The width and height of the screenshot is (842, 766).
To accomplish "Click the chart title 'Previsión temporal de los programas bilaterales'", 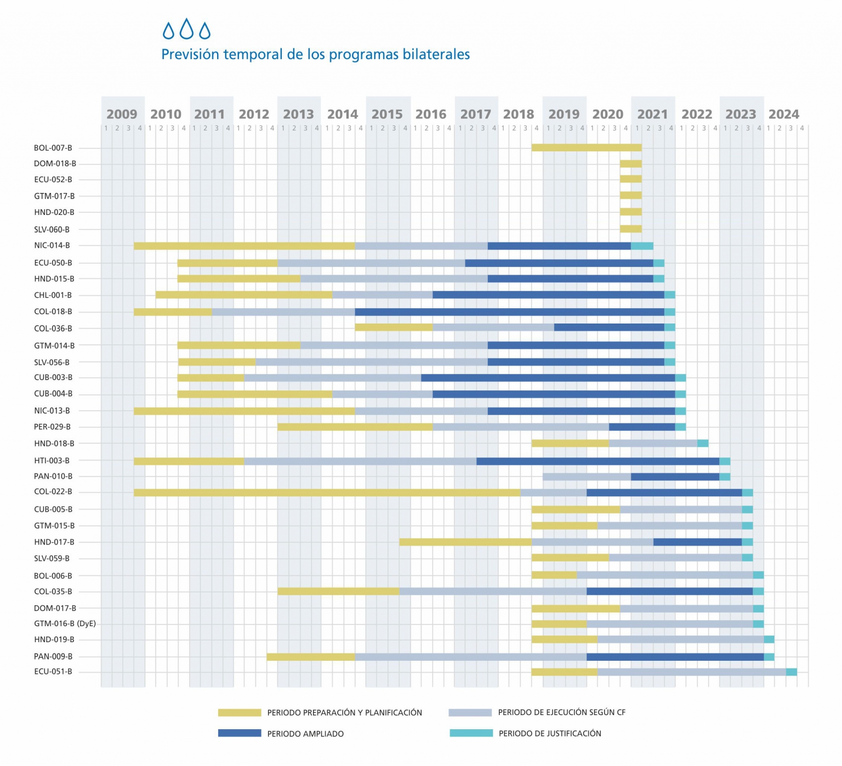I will (315, 54).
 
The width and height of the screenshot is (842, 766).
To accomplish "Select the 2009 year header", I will (122, 114).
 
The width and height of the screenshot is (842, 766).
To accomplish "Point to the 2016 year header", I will (431, 114).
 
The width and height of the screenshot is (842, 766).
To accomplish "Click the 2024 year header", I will (784, 114).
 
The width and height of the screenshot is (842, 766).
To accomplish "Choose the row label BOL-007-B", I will (53, 148).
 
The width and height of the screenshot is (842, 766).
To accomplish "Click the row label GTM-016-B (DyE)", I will (65, 623).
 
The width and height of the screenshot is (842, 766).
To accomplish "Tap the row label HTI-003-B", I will (52, 461).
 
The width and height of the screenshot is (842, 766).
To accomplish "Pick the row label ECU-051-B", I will (53, 672).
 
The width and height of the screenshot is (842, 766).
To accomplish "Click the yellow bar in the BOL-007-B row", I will (587, 147).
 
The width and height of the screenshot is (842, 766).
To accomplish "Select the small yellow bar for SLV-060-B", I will (631, 229).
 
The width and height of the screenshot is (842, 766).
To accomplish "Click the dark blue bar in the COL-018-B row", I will (510, 312).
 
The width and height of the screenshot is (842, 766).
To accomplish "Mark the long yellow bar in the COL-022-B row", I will (327, 492).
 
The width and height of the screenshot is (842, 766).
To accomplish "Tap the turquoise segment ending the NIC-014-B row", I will (642, 246).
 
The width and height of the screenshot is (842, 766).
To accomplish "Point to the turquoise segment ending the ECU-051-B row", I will (792, 672).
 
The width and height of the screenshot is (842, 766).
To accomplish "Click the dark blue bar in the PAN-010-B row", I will (675, 476).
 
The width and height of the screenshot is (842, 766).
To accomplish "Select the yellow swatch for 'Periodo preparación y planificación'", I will (240, 712).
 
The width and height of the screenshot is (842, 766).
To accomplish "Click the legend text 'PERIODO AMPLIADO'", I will (305, 734).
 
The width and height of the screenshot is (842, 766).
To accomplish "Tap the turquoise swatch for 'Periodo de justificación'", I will (471, 733).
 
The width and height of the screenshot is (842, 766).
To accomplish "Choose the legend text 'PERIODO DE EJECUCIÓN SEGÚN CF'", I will (561, 712).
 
